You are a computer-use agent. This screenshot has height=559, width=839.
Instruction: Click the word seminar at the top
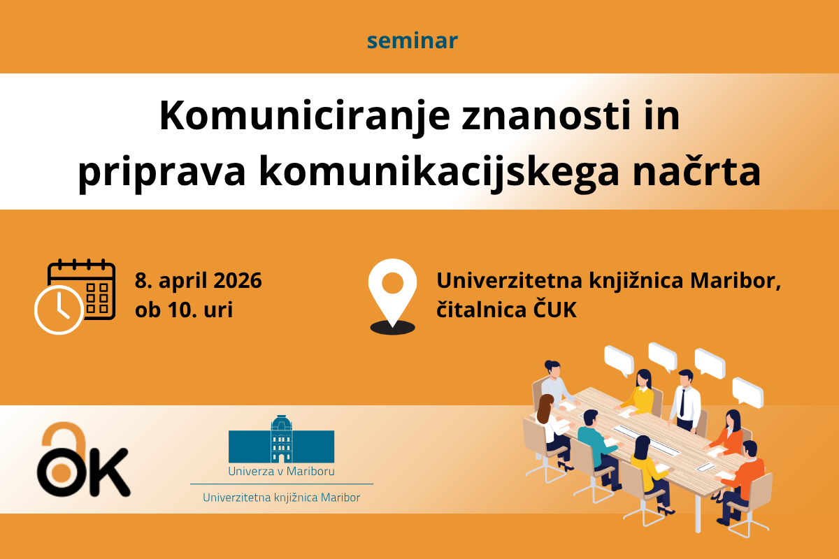click(x=412, y=41)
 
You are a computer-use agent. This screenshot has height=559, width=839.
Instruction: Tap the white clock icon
click(x=59, y=310)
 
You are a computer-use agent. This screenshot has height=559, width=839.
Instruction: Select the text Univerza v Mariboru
click(x=281, y=471)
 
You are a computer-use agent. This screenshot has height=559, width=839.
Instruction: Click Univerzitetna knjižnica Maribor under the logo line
click(x=281, y=498)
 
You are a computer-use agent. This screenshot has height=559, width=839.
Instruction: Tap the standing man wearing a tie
click(x=684, y=400)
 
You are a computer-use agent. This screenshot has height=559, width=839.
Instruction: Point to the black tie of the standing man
click(x=682, y=403)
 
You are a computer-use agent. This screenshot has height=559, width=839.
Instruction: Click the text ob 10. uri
click(x=184, y=310)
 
